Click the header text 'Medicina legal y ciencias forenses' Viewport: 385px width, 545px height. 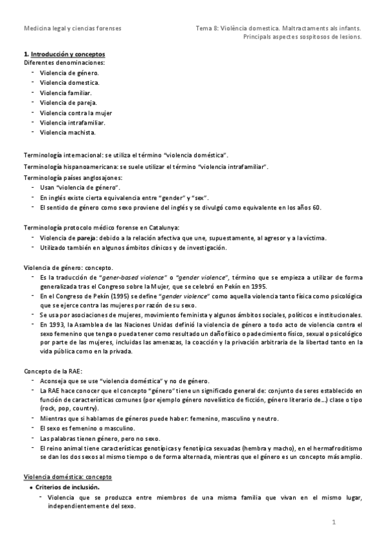click(71, 28)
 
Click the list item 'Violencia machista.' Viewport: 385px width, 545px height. click(67, 132)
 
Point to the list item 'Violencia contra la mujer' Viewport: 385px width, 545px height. click(75, 112)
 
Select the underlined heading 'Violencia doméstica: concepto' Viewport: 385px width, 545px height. click(67, 477)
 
